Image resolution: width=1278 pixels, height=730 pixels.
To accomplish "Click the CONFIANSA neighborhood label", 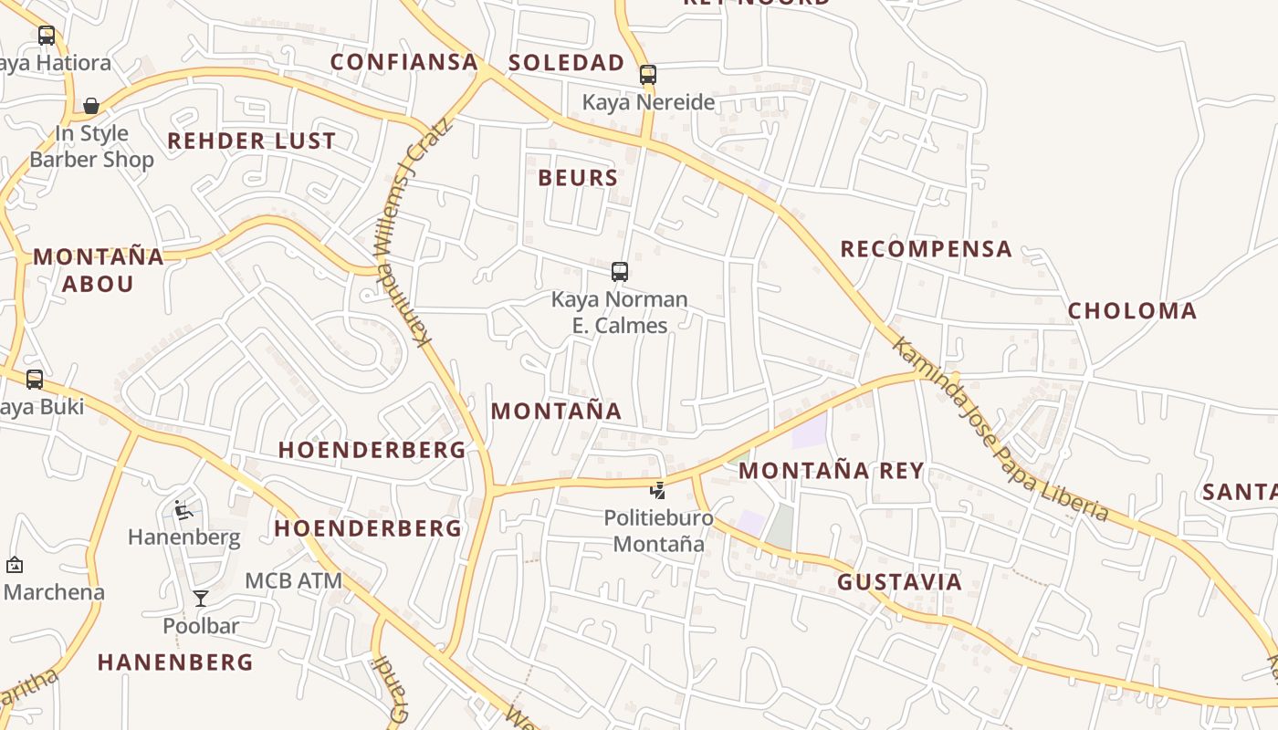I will (403, 62).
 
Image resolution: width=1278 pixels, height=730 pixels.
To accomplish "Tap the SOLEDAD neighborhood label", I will (566, 63).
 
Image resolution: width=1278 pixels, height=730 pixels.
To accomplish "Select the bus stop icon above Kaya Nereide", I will (648, 75).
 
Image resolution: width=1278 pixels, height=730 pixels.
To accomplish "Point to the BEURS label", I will (578, 178).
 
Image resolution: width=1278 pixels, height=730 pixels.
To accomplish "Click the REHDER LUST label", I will (251, 141).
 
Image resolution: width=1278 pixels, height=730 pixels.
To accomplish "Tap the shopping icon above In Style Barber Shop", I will (91, 106).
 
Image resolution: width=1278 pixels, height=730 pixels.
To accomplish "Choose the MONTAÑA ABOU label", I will (98, 270).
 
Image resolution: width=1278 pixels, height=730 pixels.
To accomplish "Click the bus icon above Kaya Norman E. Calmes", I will (620, 271).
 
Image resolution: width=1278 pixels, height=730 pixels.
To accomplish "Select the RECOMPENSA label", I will (926, 249).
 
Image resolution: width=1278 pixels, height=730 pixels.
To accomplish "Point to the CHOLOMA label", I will (1132, 311).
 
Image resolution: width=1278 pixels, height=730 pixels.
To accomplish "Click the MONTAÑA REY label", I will (831, 471).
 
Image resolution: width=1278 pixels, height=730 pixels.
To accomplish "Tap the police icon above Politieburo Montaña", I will (657, 490).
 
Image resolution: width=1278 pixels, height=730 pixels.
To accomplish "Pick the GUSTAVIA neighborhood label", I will (899, 582).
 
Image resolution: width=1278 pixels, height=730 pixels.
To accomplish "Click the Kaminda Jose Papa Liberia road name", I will (1000, 429).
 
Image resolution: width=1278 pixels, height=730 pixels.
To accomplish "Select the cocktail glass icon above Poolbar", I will (201, 599).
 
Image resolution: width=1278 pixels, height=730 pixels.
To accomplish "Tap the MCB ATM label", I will (293, 580).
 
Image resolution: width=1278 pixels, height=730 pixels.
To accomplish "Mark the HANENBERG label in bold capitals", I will (174, 662).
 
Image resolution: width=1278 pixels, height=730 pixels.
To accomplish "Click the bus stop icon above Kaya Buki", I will (35, 379).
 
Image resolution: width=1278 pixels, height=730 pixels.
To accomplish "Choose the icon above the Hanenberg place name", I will (183, 510).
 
